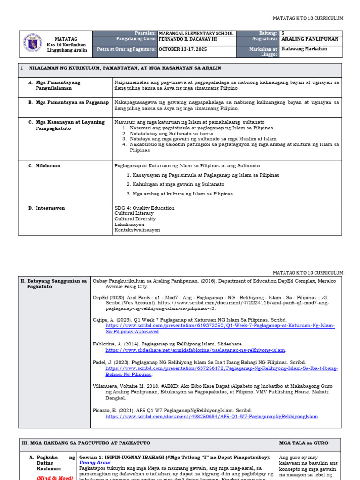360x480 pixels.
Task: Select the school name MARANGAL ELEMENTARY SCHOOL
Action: (196, 34)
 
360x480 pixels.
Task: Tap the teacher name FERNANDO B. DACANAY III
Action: (191, 40)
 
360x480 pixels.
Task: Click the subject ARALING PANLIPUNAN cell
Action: (309, 40)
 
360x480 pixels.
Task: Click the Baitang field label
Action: (268, 34)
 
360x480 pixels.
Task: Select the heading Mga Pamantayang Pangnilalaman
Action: (58, 85)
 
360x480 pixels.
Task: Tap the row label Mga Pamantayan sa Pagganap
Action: (72, 102)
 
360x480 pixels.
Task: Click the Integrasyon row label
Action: (50, 208)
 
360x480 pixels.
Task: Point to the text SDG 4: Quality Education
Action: (144, 208)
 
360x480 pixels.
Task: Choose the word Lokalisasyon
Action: (129, 225)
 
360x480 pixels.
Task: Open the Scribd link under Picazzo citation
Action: (212, 416)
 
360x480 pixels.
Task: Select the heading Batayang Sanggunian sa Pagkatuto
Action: (54, 284)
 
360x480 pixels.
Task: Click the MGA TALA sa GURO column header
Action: (303, 443)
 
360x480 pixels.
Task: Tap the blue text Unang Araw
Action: (95, 462)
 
